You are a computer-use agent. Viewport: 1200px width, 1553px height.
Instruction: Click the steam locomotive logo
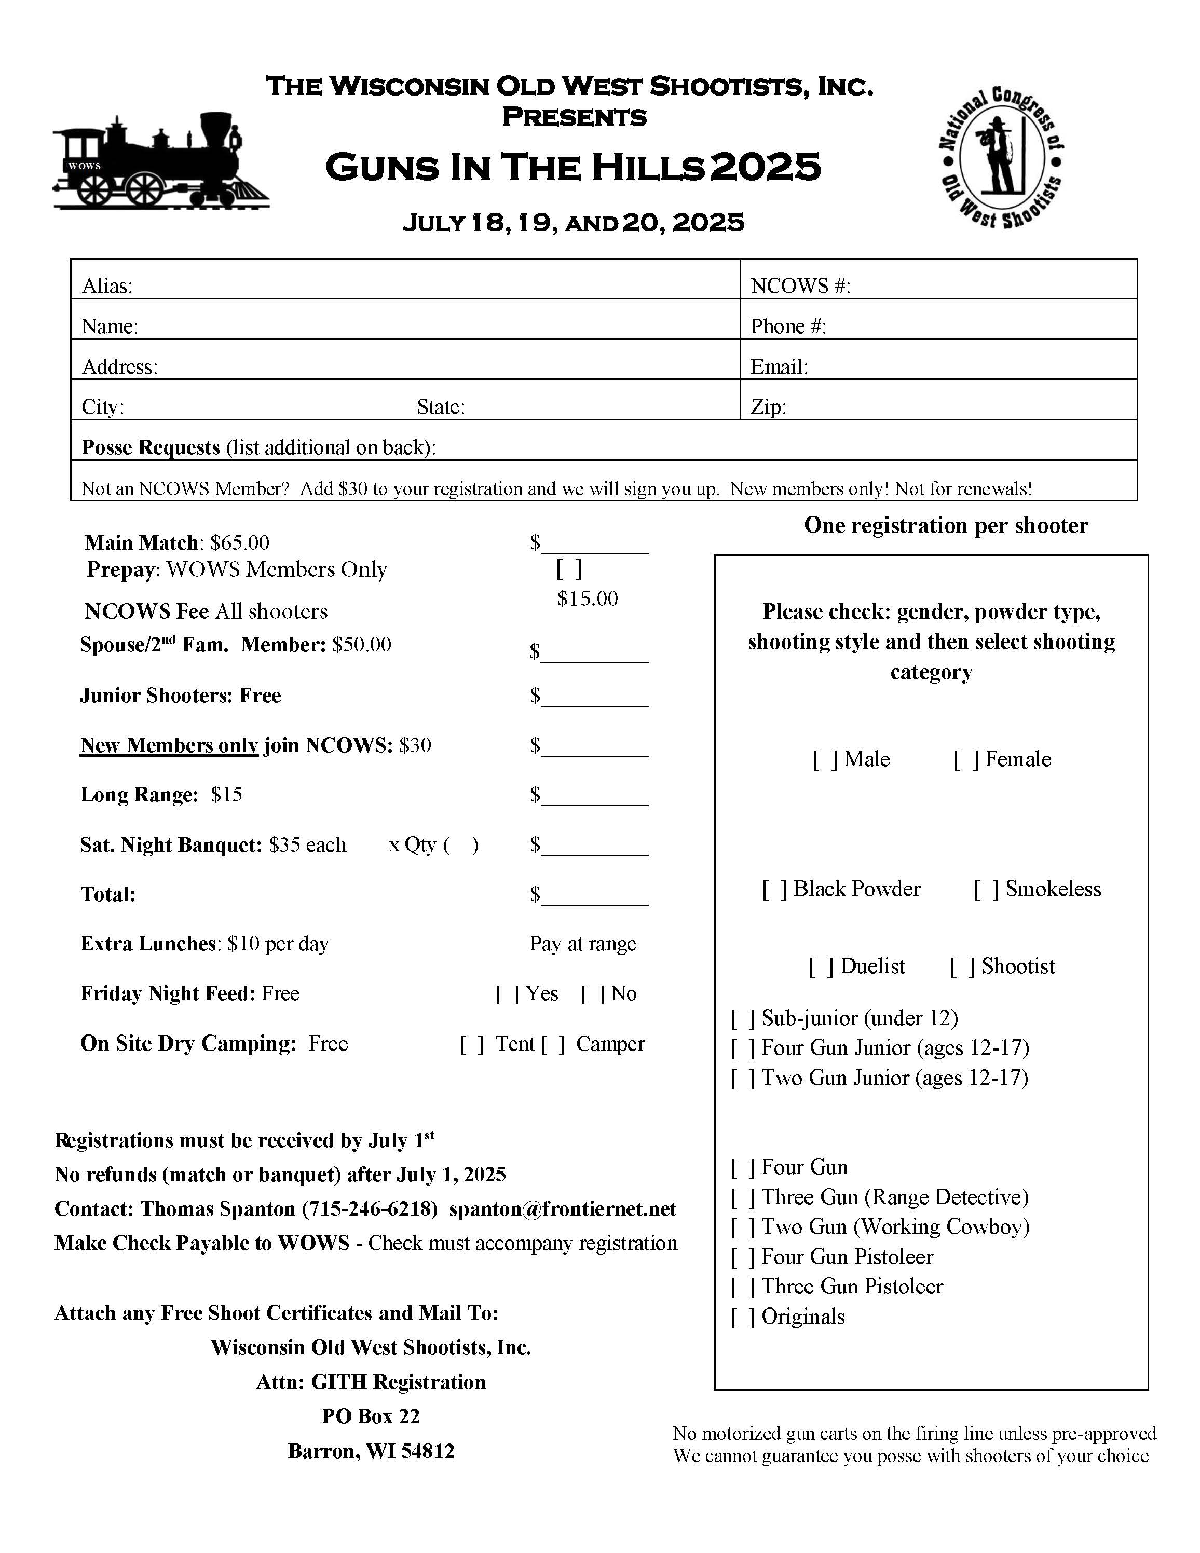(161, 161)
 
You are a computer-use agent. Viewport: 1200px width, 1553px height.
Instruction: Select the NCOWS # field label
(800, 286)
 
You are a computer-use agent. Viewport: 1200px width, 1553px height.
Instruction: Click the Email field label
(779, 367)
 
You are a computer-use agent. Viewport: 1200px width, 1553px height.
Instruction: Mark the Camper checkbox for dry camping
(552, 1044)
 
